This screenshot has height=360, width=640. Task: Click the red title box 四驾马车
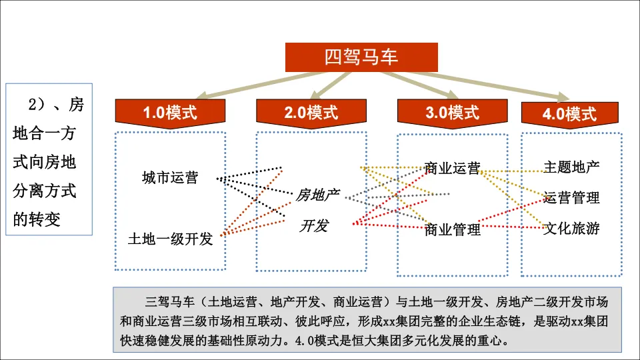coord(362,57)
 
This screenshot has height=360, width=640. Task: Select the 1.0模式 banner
coord(170,112)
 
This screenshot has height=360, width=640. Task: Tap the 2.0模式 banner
coord(311,112)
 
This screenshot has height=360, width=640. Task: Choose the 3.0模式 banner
coord(453,112)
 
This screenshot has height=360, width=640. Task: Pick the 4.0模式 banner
coord(569,114)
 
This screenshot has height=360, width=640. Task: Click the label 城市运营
coord(169,178)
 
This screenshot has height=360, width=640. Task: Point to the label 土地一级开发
coord(170,238)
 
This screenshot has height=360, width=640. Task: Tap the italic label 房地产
coord(317,195)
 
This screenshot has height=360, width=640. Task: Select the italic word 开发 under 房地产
coord(313,225)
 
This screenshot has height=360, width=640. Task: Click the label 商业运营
coord(452,169)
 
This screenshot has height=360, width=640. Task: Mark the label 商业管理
coord(453,230)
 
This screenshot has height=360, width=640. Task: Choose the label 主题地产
coord(571,167)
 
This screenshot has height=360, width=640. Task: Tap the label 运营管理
coord(571,197)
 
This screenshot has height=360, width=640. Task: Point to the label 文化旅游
coord(571,229)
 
